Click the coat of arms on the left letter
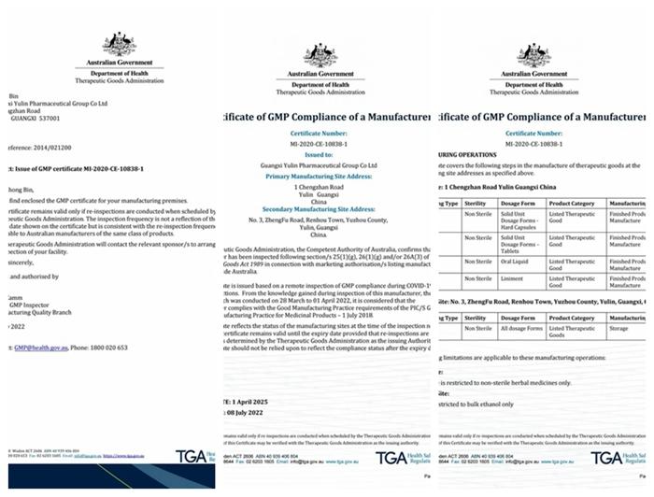pyautogui.click(x=119, y=44)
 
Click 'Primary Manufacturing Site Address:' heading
pyautogui.click(x=320, y=175)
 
